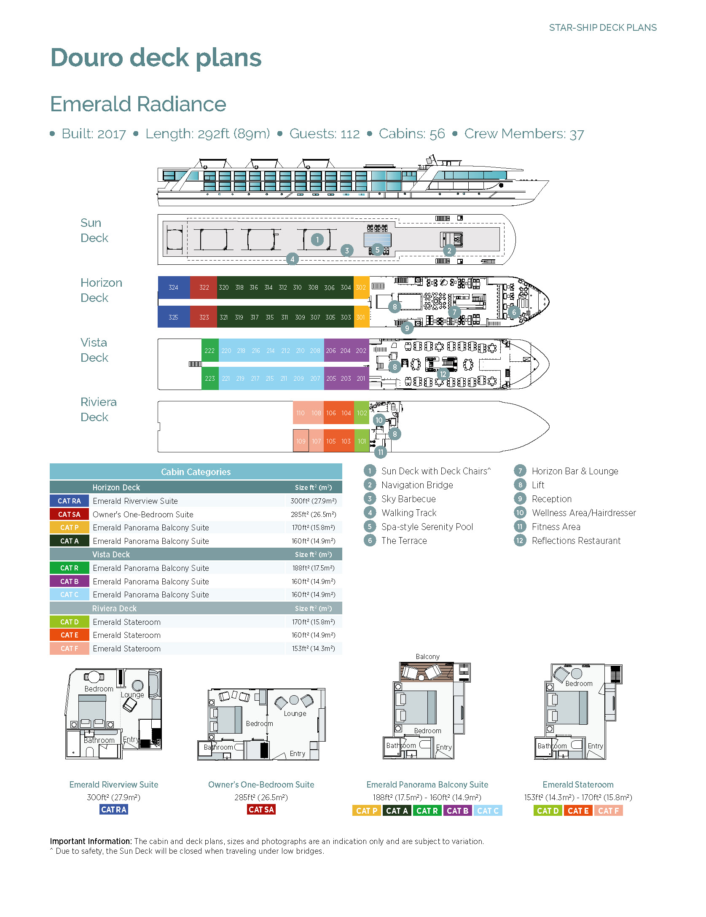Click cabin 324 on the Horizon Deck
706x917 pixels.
pos(173,288)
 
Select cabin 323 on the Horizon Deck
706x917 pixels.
pos(204,317)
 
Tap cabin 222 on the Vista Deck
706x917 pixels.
pos(209,351)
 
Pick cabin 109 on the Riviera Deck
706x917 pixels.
pos(301,441)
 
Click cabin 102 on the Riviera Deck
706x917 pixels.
pos(362,413)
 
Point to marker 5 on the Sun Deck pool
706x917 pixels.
pos(377,250)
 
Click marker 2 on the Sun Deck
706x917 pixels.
pos(449,250)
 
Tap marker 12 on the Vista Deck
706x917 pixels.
pos(443,374)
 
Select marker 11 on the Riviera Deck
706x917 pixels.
pos(381,452)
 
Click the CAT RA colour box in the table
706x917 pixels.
pos(69,501)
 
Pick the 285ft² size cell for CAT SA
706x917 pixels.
pos(313,514)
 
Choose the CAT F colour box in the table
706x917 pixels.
pos(69,648)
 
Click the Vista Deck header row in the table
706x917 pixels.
pos(196,554)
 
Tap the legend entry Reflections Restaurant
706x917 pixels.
pos(576,541)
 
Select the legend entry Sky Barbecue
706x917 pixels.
pos(408,499)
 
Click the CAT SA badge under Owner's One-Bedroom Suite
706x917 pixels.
pos(261,809)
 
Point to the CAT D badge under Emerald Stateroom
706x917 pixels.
pos(548,810)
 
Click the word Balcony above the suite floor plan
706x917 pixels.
pos(427,656)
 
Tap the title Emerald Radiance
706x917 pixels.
pos(138,104)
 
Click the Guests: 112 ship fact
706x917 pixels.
pos(324,134)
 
